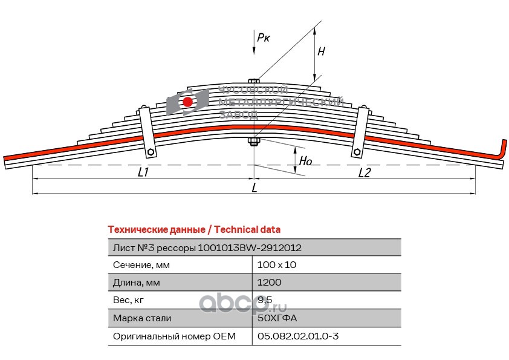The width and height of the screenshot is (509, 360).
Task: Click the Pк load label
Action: tap(264, 38)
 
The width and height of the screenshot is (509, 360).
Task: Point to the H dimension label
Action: tap(321, 52)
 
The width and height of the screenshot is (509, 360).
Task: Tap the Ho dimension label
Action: tap(306, 161)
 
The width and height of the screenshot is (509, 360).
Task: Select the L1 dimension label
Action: tap(143, 173)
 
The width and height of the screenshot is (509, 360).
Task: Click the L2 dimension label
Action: tap(365, 173)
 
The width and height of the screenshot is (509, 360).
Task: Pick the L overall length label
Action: tap(254, 188)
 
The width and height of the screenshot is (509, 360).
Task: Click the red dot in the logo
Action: tap(188, 102)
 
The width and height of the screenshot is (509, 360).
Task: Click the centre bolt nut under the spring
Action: tap(254, 143)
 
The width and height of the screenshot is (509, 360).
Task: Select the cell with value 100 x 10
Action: tap(277, 265)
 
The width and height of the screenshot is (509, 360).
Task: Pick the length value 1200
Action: tap(269, 283)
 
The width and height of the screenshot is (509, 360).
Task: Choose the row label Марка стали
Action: tap(142, 318)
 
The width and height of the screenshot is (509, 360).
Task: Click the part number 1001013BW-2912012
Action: tap(250, 247)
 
